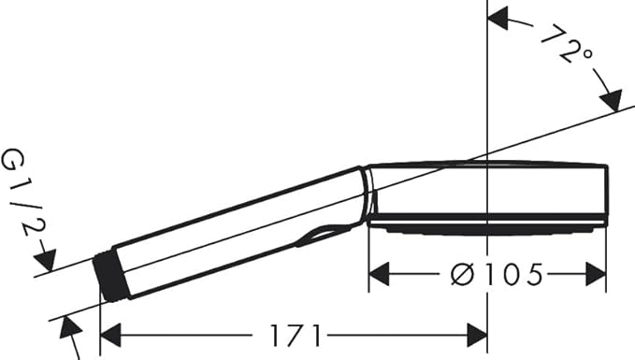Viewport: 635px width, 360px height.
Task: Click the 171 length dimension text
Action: point(296,336)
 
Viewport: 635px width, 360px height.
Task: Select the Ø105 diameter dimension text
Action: point(497,275)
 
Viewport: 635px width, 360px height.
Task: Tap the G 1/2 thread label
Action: point(22,194)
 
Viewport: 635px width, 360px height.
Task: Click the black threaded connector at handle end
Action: point(111,278)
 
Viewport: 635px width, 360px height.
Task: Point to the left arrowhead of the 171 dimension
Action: point(110,336)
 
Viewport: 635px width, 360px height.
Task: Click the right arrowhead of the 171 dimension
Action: point(477,336)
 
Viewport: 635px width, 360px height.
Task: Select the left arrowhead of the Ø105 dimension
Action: point(379,274)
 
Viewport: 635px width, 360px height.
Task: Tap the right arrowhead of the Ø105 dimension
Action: point(596,274)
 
